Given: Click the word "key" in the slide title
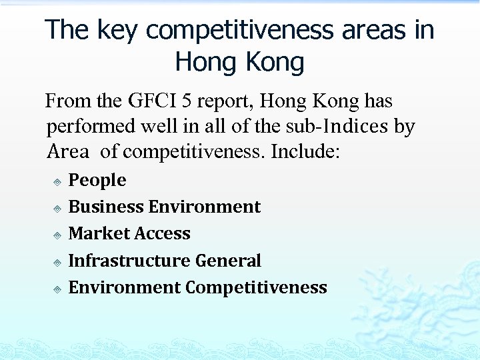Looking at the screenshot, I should [117, 30].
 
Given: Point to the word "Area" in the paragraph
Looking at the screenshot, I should [68, 151].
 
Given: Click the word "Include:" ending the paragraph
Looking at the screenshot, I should [305, 151].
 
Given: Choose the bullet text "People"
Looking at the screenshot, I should [97, 181].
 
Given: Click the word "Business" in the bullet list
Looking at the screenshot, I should [106, 207].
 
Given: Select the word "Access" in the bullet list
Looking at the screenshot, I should [163, 233].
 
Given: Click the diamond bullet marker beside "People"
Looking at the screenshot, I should [58, 181].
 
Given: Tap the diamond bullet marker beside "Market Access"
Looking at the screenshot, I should [58, 235].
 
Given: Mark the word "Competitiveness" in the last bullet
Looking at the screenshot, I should [256, 287].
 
